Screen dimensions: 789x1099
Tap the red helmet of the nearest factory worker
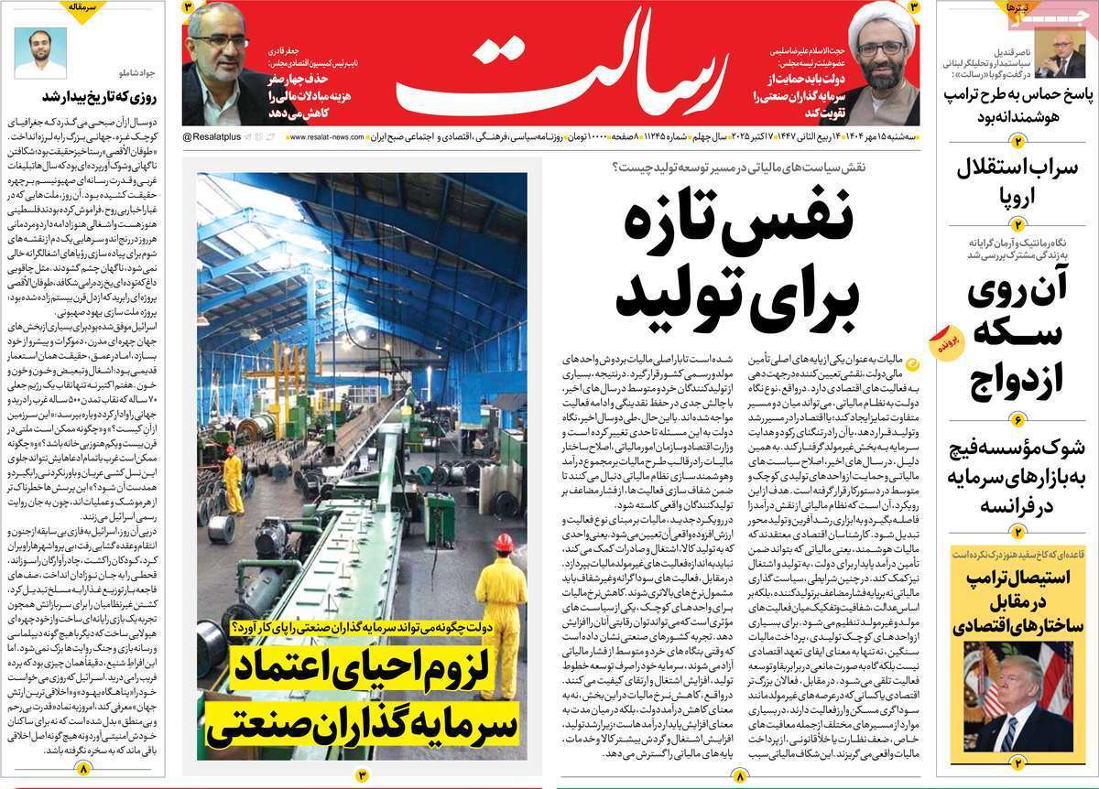tap(502, 542)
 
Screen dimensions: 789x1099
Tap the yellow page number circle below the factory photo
tap(362, 776)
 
